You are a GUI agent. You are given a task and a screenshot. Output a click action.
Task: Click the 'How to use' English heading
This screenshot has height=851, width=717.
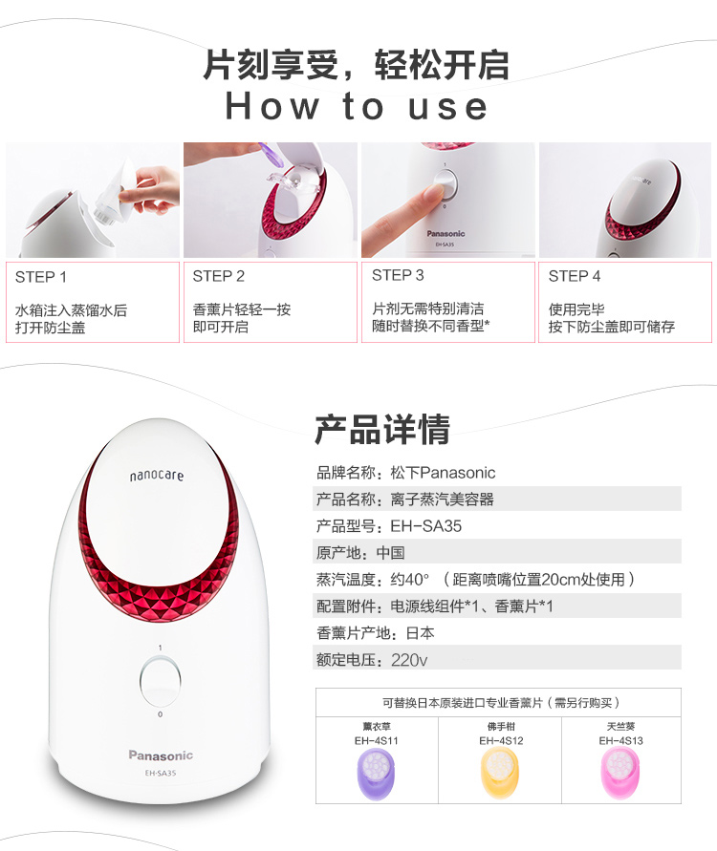(357, 106)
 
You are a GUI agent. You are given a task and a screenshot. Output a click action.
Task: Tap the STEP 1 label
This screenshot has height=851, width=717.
(41, 277)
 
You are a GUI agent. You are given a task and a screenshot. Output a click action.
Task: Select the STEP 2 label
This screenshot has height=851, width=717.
(218, 276)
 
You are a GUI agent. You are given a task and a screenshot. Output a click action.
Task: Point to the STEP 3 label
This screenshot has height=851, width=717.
(398, 275)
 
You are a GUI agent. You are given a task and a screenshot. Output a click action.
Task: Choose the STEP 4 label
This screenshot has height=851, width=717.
(575, 276)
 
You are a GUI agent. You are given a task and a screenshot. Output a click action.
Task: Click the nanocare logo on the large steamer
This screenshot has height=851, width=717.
(157, 476)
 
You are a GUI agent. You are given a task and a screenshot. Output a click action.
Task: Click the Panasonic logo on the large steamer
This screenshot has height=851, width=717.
(161, 755)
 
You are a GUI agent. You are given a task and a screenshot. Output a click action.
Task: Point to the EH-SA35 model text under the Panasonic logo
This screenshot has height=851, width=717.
(161, 773)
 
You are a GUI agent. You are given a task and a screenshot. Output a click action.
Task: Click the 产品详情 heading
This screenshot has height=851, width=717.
(382, 429)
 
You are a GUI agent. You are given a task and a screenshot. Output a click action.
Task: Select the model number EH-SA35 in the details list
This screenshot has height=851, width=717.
(425, 526)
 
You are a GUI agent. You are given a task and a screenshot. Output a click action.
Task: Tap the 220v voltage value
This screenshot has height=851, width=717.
(409, 660)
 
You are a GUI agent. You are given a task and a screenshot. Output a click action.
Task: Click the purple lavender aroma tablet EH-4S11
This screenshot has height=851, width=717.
(377, 774)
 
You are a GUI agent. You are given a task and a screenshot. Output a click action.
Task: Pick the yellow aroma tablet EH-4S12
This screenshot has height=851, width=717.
(500, 774)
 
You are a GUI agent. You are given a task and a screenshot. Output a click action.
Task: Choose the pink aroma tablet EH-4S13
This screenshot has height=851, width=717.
(620, 774)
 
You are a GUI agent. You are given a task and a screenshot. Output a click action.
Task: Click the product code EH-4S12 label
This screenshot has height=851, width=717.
(501, 741)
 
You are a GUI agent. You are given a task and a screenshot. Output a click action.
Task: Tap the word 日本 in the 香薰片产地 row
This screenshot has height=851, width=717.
(420, 633)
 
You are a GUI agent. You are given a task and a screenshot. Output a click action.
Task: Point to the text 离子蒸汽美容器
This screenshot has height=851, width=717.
(442, 499)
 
